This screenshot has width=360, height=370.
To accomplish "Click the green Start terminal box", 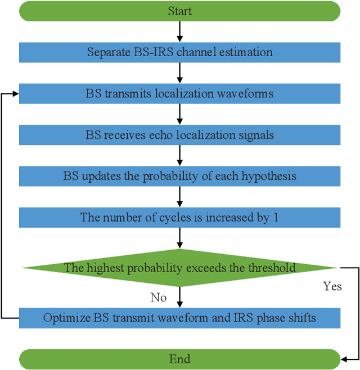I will click(179, 11).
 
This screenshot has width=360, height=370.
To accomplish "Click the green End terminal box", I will click(179, 359).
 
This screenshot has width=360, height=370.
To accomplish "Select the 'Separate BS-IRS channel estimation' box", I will click(179, 52).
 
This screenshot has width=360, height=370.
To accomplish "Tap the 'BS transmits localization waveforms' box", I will click(179, 93).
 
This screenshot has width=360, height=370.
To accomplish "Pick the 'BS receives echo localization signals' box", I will click(179, 135).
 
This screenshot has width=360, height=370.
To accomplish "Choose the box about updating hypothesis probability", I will click(179, 176).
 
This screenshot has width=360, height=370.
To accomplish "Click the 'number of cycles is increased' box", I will click(179, 217).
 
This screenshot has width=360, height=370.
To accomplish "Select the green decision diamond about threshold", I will click(179, 268).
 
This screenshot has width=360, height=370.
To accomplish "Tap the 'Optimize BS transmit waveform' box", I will click(179, 318).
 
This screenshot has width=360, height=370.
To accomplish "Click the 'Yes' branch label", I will click(332, 286).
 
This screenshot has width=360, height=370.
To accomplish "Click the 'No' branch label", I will click(159, 296).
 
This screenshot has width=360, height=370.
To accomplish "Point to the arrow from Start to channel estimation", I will click(179, 31).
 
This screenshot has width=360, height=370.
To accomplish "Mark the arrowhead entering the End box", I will click(345, 359).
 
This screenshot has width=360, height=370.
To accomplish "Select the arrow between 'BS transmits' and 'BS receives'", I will click(179, 114).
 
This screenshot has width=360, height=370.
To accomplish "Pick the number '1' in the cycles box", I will click(276, 217).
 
